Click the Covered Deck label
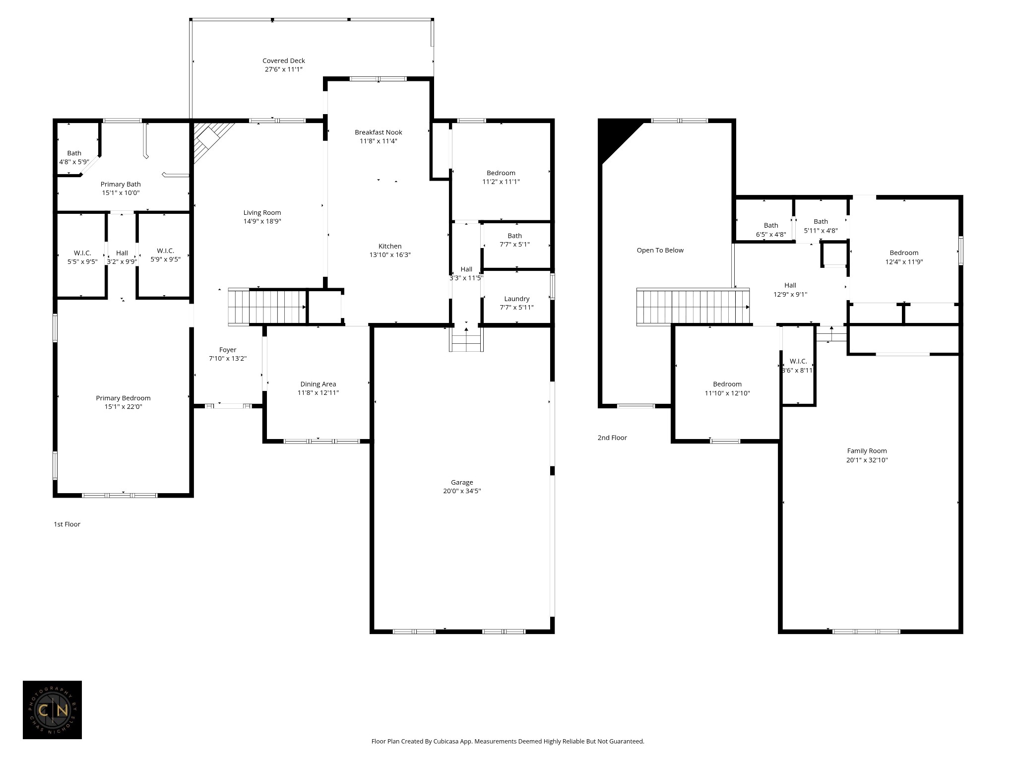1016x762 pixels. pyautogui.click(x=283, y=61)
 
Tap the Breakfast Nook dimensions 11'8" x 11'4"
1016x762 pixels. pyautogui.click(x=379, y=141)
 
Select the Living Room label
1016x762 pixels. pyautogui.click(x=262, y=213)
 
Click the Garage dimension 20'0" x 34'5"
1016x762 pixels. pyautogui.click(x=462, y=491)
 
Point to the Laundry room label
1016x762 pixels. pyautogui.click(x=516, y=299)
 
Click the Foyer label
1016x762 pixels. pyautogui.click(x=228, y=350)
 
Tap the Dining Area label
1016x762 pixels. pyautogui.click(x=318, y=384)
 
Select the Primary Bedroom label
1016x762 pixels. pyautogui.click(x=123, y=398)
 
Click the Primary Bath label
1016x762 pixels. pyautogui.click(x=121, y=184)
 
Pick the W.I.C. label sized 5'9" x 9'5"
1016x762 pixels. pyautogui.click(x=165, y=251)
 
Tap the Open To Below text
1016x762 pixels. pyautogui.click(x=660, y=251)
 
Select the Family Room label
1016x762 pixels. pyautogui.click(x=867, y=451)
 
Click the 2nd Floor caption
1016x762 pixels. pyautogui.click(x=612, y=438)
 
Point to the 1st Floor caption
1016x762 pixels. pyautogui.click(x=67, y=524)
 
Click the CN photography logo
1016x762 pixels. pyautogui.click(x=52, y=710)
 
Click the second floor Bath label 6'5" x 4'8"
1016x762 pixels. pyautogui.click(x=771, y=225)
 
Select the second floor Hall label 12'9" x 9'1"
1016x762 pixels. pyautogui.click(x=790, y=285)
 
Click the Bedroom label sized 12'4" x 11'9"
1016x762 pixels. pyautogui.click(x=904, y=253)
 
